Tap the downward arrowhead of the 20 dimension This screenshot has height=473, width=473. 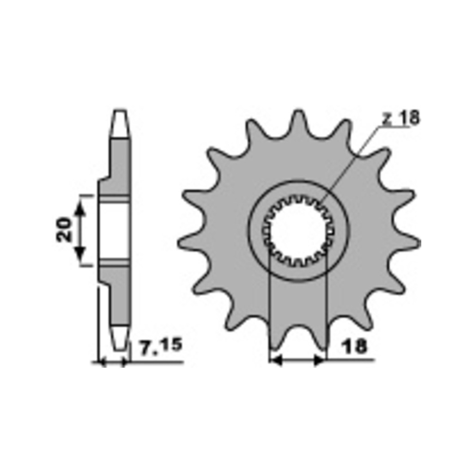tap(80, 254)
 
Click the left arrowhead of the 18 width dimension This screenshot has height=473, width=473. tap(276, 360)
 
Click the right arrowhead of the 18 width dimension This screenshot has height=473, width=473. tap(320, 360)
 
